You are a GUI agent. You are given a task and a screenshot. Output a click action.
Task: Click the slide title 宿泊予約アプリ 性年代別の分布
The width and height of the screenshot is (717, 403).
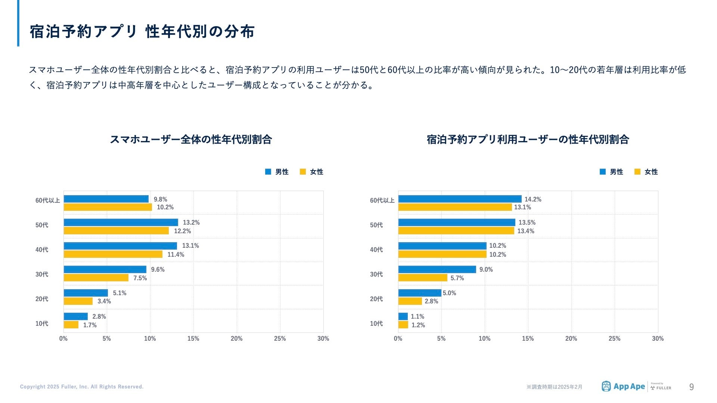pyautogui.click(x=142, y=32)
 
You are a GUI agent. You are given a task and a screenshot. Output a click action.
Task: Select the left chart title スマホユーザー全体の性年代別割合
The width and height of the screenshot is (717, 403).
pyautogui.click(x=190, y=140)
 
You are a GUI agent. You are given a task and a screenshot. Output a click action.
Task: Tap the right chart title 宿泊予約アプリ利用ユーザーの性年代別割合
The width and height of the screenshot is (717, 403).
pyautogui.click(x=528, y=140)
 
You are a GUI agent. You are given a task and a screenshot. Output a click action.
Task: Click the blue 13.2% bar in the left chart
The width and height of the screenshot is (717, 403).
pyautogui.click(x=121, y=222)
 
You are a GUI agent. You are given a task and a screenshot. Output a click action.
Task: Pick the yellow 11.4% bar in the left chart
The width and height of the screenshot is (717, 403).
pyautogui.click(x=113, y=254)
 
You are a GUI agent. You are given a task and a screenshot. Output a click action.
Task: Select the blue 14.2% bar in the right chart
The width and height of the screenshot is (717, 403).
pyautogui.click(x=460, y=199)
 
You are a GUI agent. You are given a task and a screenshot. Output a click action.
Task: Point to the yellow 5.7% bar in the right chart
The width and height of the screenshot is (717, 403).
pyautogui.click(x=422, y=278)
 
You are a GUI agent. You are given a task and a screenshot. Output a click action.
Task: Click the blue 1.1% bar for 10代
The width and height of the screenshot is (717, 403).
pyautogui.click(x=403, y=316)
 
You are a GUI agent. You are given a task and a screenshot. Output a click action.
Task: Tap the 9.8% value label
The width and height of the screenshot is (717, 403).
pyautogui.click(x=161, y=199)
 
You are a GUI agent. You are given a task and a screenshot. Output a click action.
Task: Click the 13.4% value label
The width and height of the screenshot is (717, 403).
pyautogui.click(x=525, y=231)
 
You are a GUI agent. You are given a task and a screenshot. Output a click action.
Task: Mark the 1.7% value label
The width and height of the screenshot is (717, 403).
pyautogui.click(x=90, y=325)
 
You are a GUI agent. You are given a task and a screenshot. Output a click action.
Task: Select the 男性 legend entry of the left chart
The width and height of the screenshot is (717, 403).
pyautogui.click(x=277, y=172)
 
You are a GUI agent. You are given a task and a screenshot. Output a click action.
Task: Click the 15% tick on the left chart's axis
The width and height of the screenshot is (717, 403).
pyautogui.click(x=193, y=338)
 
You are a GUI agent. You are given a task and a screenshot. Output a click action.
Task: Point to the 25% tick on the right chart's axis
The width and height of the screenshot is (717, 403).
pyautogui.click(x=614, y=338)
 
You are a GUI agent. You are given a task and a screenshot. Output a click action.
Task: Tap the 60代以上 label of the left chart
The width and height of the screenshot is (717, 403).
pyautogui.click(x=47, y=200)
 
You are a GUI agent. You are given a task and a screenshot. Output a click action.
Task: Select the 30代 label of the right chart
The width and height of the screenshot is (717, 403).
pyautogui.click(x=376, y=274)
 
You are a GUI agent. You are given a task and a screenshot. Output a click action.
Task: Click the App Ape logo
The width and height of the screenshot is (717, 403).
pyautogui.click(x=623, y=387)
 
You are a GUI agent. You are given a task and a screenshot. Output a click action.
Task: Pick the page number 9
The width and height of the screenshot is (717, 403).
pyautogui.click(x=691, y=387)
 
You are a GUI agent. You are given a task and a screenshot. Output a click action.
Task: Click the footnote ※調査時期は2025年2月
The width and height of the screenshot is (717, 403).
pyautogui.click(x=554, y=387)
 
